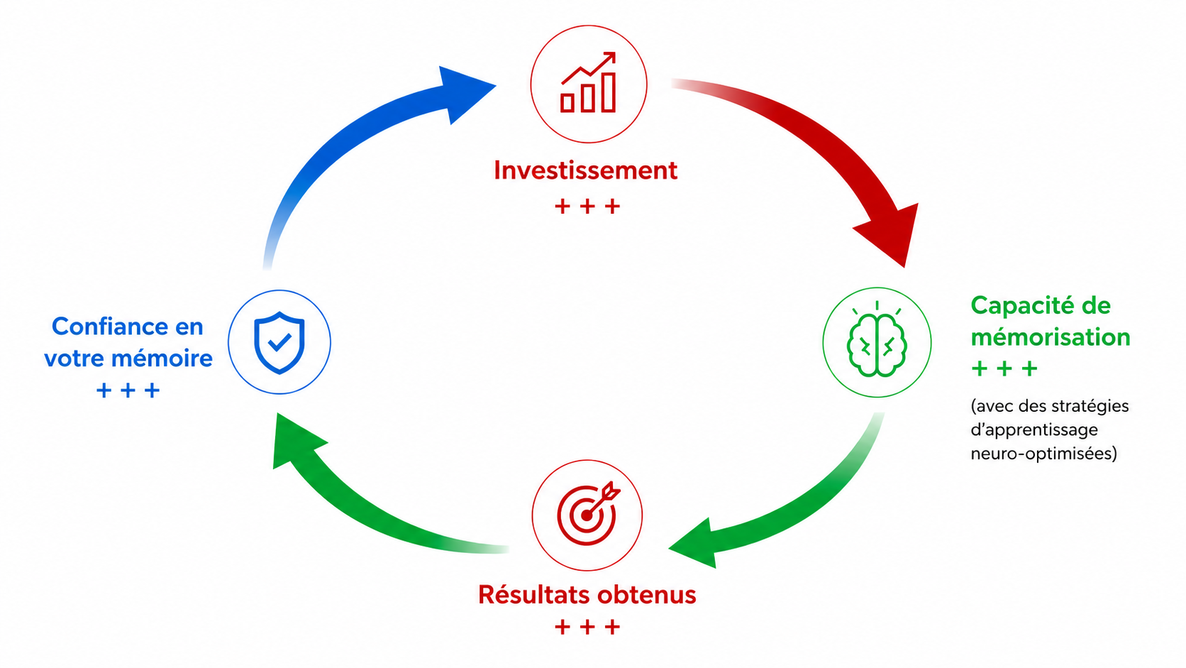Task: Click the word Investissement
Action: (586, 170)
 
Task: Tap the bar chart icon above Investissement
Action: (589, 82)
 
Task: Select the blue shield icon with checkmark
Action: (279, 342)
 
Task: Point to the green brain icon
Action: (877, 340)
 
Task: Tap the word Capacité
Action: (1018, 306)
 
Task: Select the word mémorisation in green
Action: (1051, 337)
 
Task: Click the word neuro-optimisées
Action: (1043, 454)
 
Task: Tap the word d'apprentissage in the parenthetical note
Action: (1034, 429)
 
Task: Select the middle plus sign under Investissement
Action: (587, 206)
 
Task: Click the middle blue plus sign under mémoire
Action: (128, 390)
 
